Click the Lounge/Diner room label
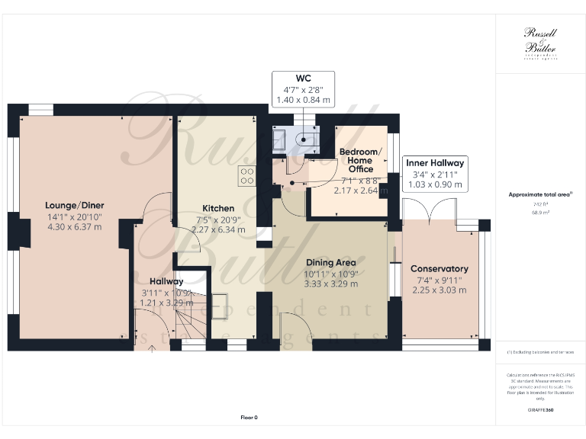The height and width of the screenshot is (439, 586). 74,205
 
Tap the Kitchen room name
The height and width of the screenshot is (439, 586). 217,208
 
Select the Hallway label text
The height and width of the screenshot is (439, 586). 166,281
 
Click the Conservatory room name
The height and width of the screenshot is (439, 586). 439,269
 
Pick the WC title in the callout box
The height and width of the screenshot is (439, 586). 304,78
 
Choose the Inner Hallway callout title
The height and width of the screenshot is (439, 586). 434,163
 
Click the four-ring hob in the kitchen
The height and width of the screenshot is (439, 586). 247,176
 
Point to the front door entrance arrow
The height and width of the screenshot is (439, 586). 151,350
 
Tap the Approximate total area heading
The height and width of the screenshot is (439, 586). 539,194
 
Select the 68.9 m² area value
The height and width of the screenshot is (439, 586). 540,213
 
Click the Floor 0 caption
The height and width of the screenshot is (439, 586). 249,417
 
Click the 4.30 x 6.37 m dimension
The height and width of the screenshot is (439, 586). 74,226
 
